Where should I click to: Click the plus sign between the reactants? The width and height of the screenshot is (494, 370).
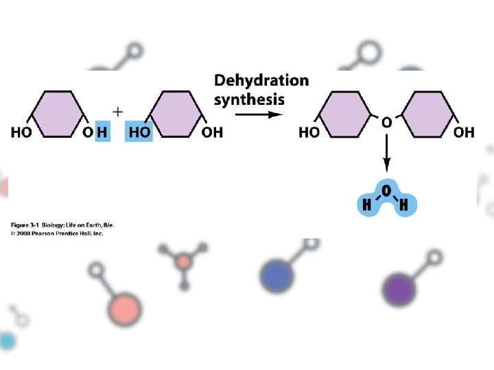coord(117,110)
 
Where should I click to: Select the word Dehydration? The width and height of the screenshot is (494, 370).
coord(261,81)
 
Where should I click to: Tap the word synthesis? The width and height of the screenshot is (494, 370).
coord(248,99)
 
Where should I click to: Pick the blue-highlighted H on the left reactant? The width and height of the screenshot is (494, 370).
coord(102,132)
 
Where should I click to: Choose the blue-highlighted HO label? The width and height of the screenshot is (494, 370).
coord(139,132)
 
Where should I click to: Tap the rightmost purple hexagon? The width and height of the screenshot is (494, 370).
coord(429,109)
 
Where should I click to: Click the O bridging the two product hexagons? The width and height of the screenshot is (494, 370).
coord(387,122)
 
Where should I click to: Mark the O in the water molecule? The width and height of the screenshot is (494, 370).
coord(386,189)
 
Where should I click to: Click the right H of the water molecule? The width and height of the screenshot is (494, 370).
coord(403,203)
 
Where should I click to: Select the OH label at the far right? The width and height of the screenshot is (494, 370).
coord(464,132)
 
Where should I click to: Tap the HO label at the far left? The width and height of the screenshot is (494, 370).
coord(21,132)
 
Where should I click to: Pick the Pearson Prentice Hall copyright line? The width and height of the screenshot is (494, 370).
coord(56,233)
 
